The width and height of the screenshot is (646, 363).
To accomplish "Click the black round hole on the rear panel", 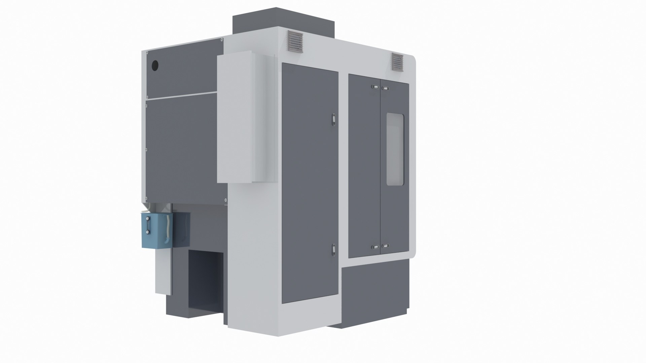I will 155,65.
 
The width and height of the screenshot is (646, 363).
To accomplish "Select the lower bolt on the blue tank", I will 147,232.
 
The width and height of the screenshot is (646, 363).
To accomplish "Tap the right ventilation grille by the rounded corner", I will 397,63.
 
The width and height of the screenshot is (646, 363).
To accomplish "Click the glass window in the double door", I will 395,150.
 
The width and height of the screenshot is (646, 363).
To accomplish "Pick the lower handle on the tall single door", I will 333,249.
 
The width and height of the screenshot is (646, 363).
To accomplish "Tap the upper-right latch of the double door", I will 386,88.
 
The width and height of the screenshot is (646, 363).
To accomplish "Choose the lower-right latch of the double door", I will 386,246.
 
